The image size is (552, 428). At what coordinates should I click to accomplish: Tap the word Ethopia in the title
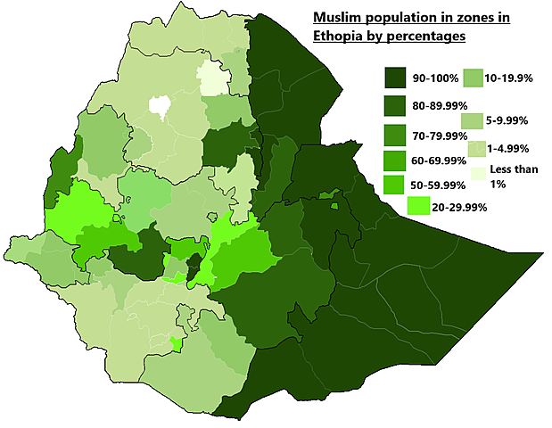[x=337, y=37]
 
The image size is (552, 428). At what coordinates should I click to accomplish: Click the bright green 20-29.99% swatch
[x=420, y=206]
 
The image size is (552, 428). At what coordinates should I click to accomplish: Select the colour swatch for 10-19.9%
[x=473, y=78]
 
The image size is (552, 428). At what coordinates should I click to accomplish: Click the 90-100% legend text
[x=434, y=79]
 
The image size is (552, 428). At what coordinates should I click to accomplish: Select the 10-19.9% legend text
[x=509, y=78]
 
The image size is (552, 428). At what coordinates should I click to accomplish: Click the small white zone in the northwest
[x=161, y=106]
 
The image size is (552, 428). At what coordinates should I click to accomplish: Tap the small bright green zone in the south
[x=176, y=343]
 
